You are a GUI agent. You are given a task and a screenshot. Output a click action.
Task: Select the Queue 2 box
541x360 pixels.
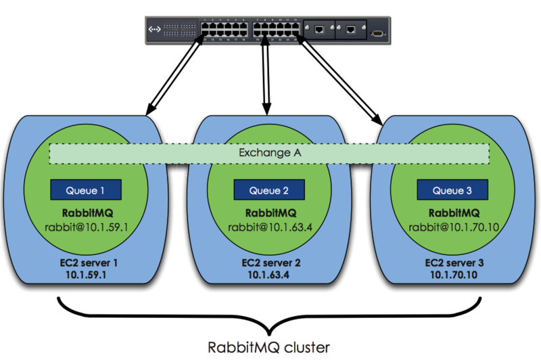(269, 189)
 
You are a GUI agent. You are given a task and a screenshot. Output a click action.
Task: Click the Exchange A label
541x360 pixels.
(269, 154)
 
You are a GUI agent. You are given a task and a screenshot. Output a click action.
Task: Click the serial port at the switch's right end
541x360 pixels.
(379, 30)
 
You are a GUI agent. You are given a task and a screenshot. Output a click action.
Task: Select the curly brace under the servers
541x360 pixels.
(268, 318)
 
